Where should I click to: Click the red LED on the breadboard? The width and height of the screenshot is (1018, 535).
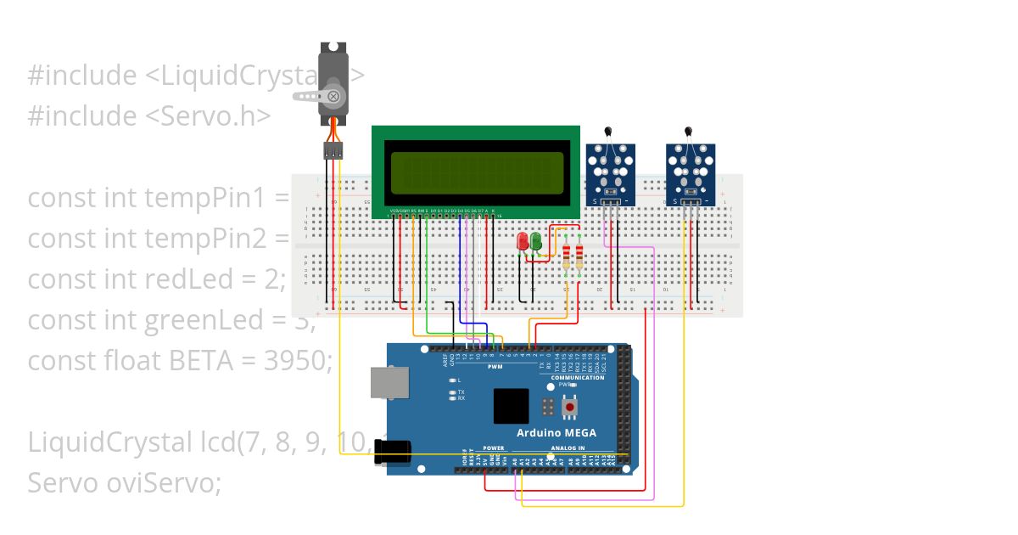pos(523,242)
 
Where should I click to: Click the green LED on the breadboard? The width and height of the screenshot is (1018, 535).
pos(536,242)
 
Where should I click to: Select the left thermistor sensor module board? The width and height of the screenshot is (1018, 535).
pos(611,174)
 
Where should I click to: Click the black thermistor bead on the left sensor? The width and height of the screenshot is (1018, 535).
pos(608,131)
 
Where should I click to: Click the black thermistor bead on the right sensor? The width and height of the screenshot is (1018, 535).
pos(688,131)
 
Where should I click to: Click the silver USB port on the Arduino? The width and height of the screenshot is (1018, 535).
pos(389,383)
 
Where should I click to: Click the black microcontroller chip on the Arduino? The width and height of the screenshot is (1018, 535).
pos(511,406)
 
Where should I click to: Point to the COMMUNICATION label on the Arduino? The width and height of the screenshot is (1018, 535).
pos(578,378)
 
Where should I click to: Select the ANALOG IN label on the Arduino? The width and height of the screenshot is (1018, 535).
pos(568,448)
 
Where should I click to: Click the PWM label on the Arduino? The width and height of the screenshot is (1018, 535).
pos(495,366)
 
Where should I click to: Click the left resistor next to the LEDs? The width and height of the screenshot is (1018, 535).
pos(567,256)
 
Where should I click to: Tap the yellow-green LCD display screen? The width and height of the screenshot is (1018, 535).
pos(475,172)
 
